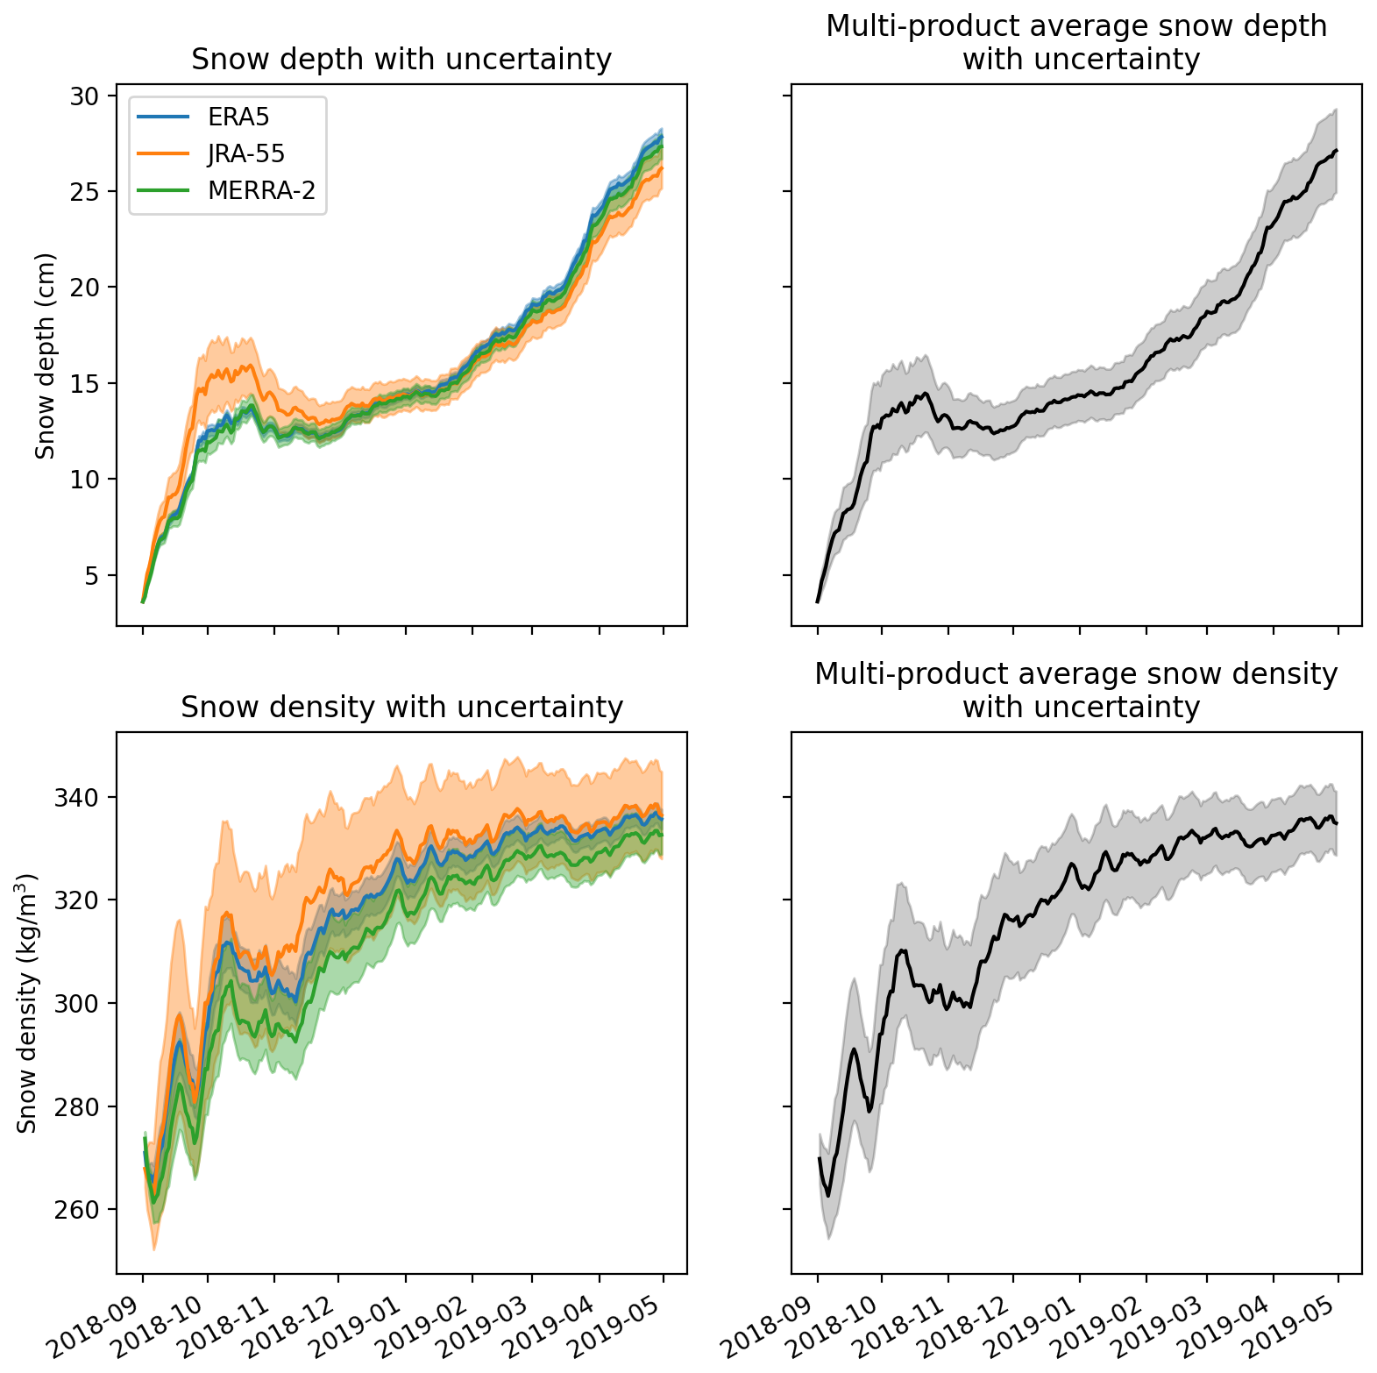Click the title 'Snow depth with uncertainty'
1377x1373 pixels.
401,60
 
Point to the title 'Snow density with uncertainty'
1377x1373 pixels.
401,707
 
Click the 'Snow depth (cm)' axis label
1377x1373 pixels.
46,355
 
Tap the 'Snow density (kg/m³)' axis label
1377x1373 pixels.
27,1003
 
